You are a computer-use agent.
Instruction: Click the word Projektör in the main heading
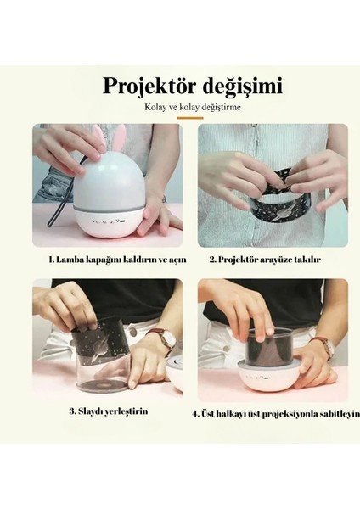[149, 87]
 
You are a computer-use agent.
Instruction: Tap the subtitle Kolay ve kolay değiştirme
[193, 107]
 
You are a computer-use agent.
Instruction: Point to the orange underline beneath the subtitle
[190, 118]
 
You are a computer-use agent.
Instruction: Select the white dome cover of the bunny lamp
[109, 183]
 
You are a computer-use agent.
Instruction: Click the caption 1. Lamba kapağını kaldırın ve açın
[118, 260]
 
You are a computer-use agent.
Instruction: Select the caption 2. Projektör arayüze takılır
[265, 260]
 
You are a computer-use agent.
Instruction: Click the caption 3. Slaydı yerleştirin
[109, 411]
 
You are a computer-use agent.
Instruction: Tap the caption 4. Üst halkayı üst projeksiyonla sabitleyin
[276, 414]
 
